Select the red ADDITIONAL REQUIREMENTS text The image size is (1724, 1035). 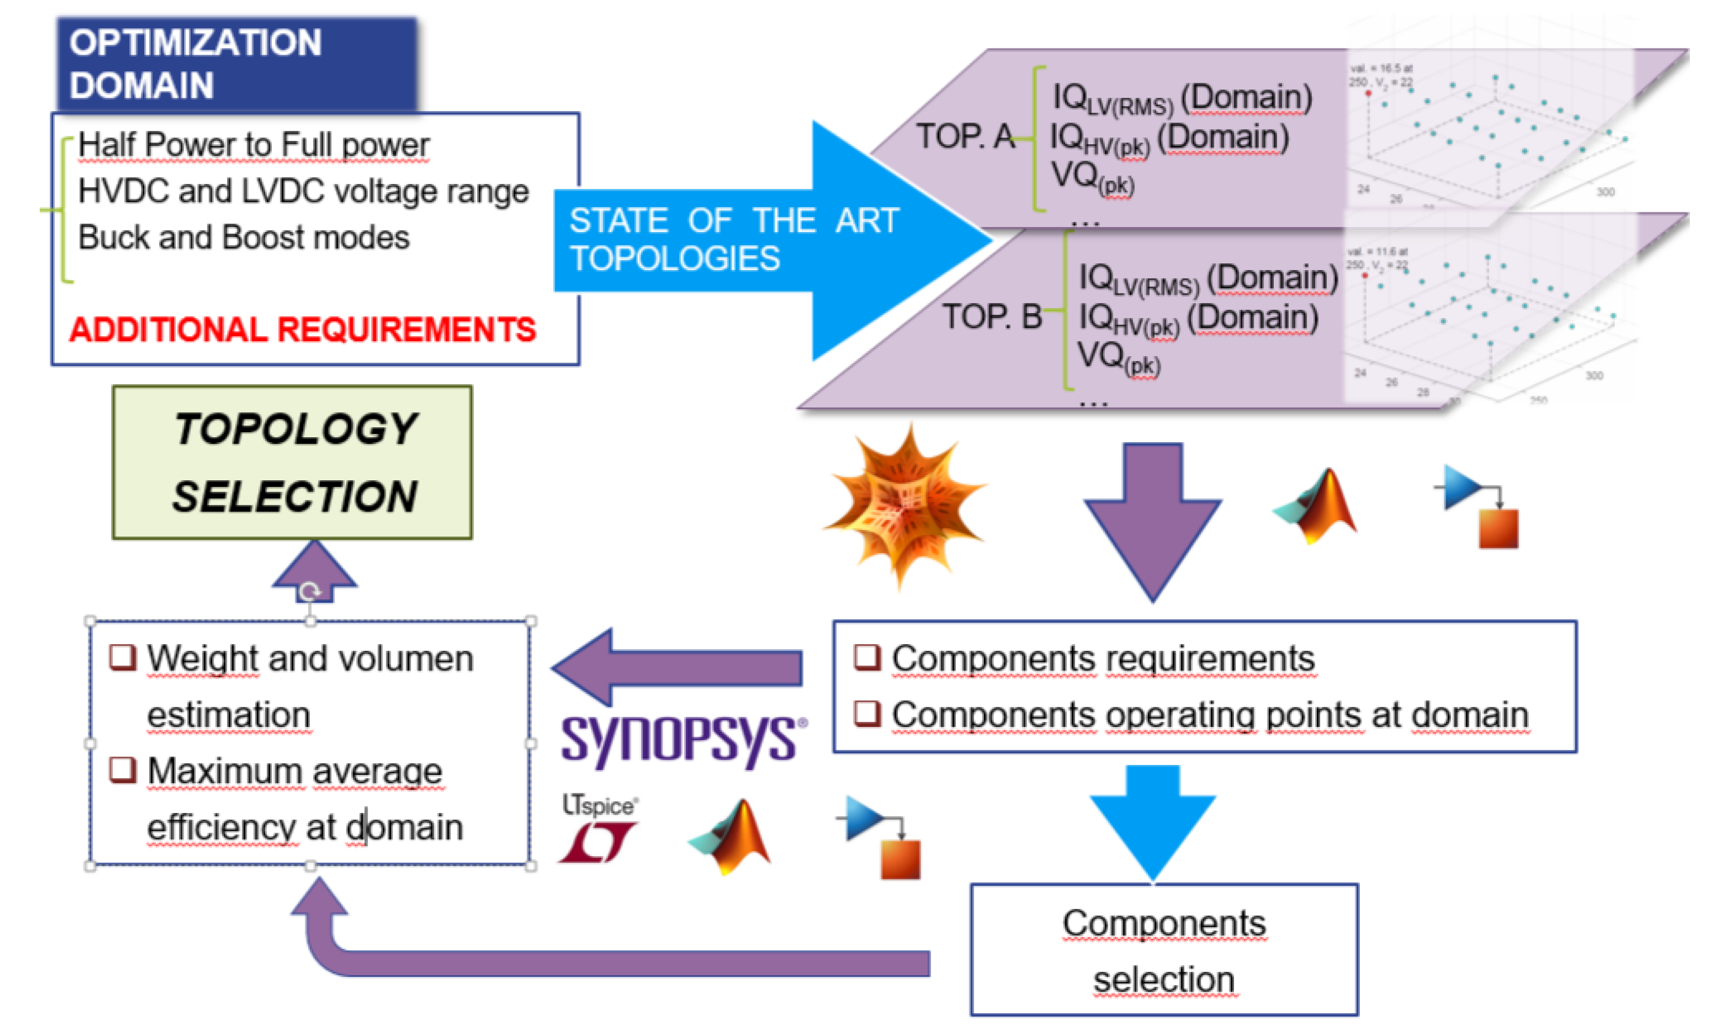click(x=302, y=329)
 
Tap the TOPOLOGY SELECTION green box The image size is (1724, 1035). click(x=293, y=462)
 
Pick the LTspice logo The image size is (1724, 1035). click(x=598, y=829)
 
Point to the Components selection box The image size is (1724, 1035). click(x=1163, y=950)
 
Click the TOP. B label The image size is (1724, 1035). click(x=991, y=318)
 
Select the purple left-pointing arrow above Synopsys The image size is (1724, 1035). click(x=677, y=667)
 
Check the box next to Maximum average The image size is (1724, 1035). click(x=123, y=770)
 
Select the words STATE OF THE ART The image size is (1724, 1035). click(x=733, y=221)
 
